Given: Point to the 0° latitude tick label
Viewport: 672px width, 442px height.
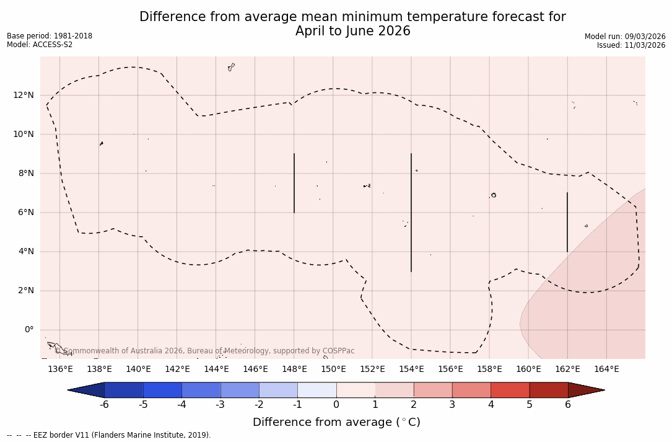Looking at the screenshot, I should click(x=28, y=330).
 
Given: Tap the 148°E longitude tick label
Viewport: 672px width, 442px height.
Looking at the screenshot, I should click(x=294, y=369).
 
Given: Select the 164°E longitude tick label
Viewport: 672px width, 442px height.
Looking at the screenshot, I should click(x=606, y=369).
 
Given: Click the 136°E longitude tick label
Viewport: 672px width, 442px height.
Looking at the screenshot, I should click(x=60, y=369).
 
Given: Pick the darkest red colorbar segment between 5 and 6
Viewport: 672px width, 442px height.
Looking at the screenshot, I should click(x=549, y=390).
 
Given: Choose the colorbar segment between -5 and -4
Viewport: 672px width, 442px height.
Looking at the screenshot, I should click(x=163, y=390).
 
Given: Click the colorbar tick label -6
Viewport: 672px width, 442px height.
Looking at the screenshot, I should click(x=104, y=405).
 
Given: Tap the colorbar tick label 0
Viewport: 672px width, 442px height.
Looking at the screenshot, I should click(x=336, y=405).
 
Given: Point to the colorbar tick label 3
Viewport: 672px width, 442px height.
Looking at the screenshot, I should click(x=452, y=405).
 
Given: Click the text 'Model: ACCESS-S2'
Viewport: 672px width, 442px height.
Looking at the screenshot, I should click(x=40, y=45).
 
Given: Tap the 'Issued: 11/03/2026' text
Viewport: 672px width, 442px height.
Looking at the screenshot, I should click(x=631, y=45).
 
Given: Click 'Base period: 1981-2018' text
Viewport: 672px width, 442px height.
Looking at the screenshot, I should click(x=50, y=36).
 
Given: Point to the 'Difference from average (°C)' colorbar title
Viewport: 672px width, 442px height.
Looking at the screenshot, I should click(x=336, y=422).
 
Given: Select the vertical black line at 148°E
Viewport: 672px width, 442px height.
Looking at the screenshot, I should click(x=294, y=183).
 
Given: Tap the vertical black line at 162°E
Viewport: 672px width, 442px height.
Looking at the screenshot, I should click(x=567, y=222).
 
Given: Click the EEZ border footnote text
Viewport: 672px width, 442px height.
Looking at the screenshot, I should click(x=109, y=435).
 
